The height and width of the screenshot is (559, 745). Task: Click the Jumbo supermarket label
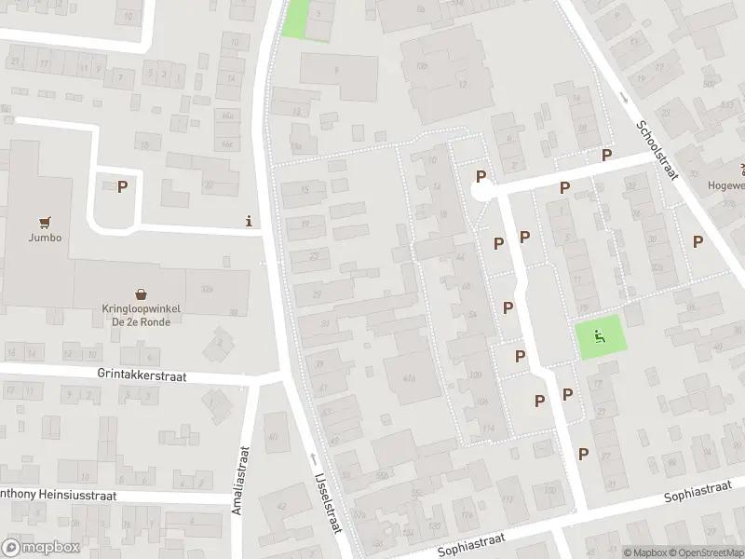click(x=44, y=238)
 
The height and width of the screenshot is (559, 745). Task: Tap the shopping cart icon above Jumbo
click(x=44, y=222)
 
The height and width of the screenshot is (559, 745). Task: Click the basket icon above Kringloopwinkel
click(x=141, y=293)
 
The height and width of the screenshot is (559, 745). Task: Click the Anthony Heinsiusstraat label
click(x=56, y=496)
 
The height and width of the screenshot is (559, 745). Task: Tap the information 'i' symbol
click(x=248, y=221)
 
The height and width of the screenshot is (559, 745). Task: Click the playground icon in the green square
click(x=601, y=336)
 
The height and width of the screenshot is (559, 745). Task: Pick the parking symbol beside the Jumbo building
click(x=122, y=187)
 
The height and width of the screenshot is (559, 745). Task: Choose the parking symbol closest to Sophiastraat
click(x=583, y=454)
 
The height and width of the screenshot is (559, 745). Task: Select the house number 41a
click(x=409, y=376)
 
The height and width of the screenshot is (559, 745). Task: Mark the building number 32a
click(x=207, y=290)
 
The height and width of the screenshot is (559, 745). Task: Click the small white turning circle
click(x=480, y=192)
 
